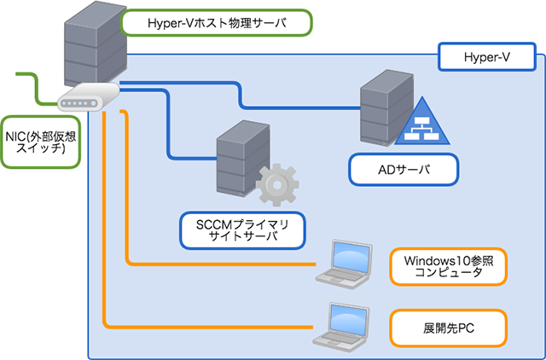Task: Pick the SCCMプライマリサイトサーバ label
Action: (x=243, y=229)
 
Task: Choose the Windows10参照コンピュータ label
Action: (x=448, y=266)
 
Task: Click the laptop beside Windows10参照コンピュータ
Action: (x=347, y=261)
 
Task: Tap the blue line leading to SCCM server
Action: (x=170, y=128)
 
